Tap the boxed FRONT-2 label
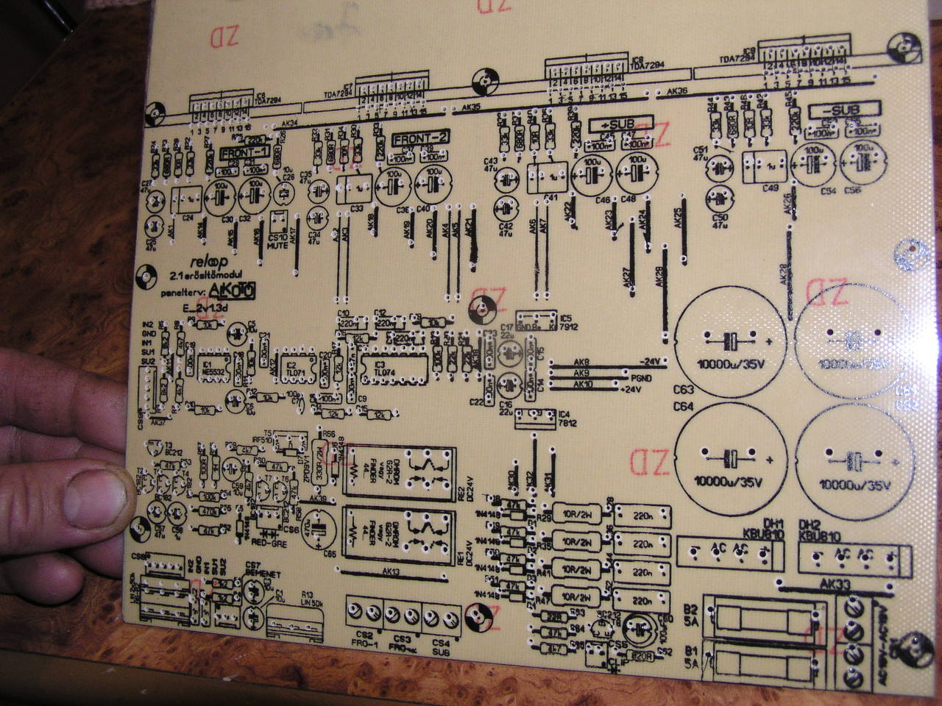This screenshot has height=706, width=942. (x=420, y=138)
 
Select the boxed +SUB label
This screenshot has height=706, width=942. (x=621, y=124)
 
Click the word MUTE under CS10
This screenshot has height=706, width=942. (x=277, y=247)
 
